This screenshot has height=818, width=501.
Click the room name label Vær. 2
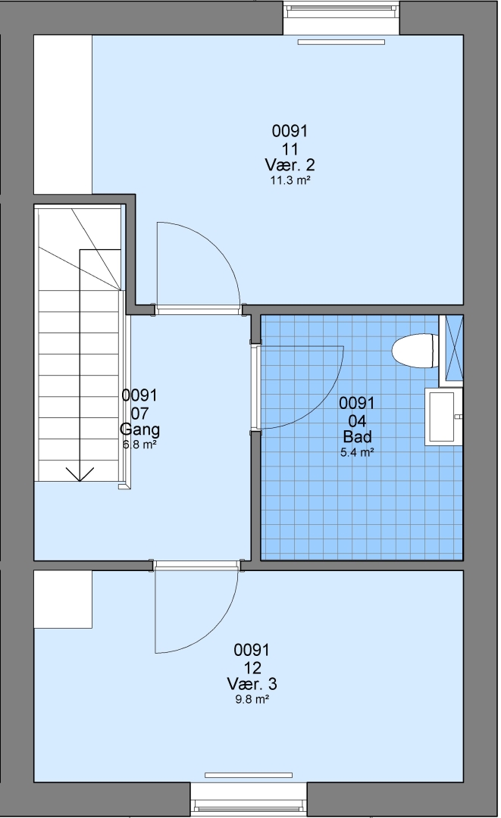click(x=290, y=165)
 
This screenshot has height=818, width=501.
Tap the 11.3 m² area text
click(x=290, y=180)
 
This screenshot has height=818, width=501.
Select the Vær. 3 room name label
click(x=252, y=683)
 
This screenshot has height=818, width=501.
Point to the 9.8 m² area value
click(x=252, y=700)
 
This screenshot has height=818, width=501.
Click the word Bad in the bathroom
click(x=357, y=437)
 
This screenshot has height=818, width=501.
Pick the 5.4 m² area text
click(x=357, y=452)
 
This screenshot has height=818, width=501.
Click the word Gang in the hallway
click(x=139, y=429)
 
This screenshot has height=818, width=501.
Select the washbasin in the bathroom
click(x=443, y=417)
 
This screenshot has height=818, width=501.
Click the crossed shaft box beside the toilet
click(x=452, y=350)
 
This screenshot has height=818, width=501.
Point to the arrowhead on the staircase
click(x=80, y=474)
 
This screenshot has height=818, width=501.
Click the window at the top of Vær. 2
click(x=341, y=17)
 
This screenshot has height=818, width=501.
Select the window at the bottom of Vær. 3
click(x=249, y=799)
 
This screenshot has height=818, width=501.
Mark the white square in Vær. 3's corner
click(x=63, y=599)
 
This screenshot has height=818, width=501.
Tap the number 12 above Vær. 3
click(x=252, y=667)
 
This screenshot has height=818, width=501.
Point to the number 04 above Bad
click(x=357, y=420)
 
